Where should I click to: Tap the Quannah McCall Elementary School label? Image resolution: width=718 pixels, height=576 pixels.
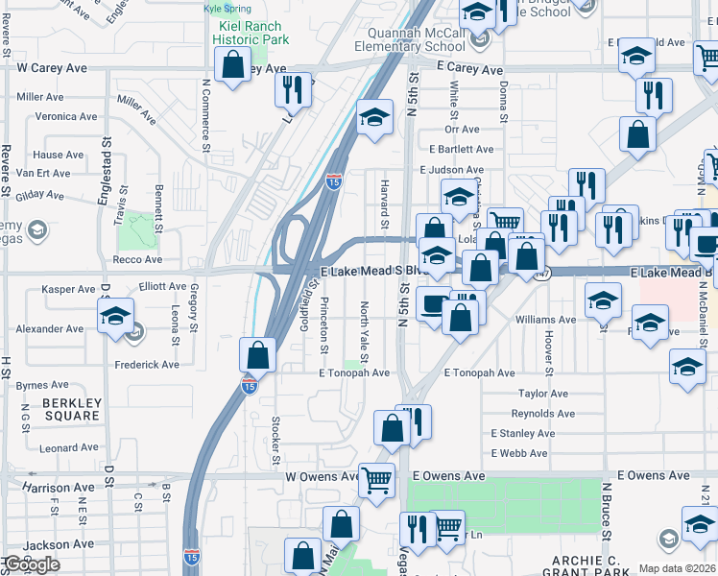point(410,39)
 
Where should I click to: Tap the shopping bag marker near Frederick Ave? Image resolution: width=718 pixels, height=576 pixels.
point(258,355)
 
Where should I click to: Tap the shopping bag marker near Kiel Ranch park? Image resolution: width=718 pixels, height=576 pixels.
point(232,64)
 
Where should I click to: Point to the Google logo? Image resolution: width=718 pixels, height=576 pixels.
point(32,564)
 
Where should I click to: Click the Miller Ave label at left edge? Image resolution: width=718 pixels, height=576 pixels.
point(40,97)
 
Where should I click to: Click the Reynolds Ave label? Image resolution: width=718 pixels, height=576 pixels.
point(542,414)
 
